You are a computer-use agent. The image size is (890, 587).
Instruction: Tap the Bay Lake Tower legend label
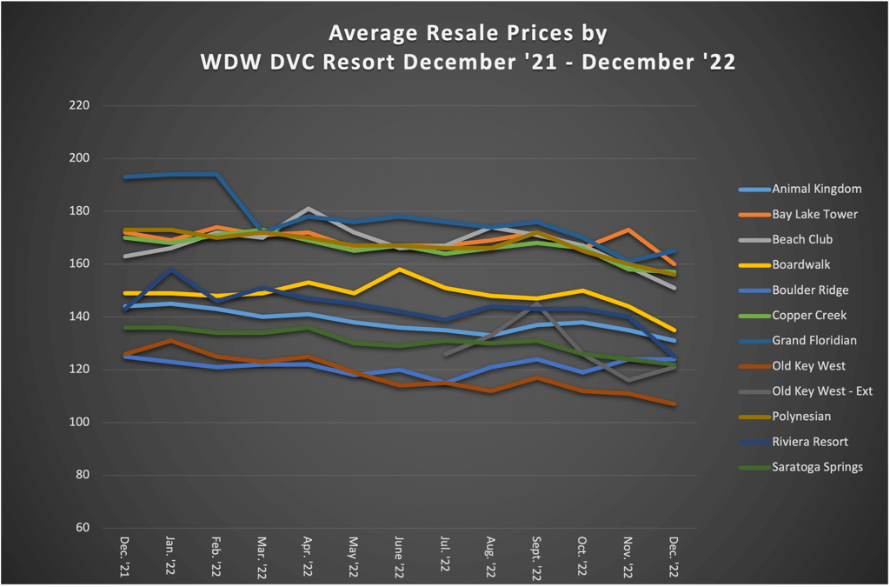pos(814,214)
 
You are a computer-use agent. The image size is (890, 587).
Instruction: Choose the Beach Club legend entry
pos(801,239)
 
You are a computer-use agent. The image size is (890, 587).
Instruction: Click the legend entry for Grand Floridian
pos(814,341)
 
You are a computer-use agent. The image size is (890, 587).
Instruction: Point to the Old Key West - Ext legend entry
pos(821,391)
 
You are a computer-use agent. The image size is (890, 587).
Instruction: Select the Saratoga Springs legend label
pos(817,467)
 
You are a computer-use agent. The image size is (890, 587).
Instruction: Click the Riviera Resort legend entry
pos(810,442)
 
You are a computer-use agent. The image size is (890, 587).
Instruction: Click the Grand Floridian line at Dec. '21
pos(125,177)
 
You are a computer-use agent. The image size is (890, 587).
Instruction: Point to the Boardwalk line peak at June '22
pos(398,270)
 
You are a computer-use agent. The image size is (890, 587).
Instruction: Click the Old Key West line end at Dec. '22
pos(674,404)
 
